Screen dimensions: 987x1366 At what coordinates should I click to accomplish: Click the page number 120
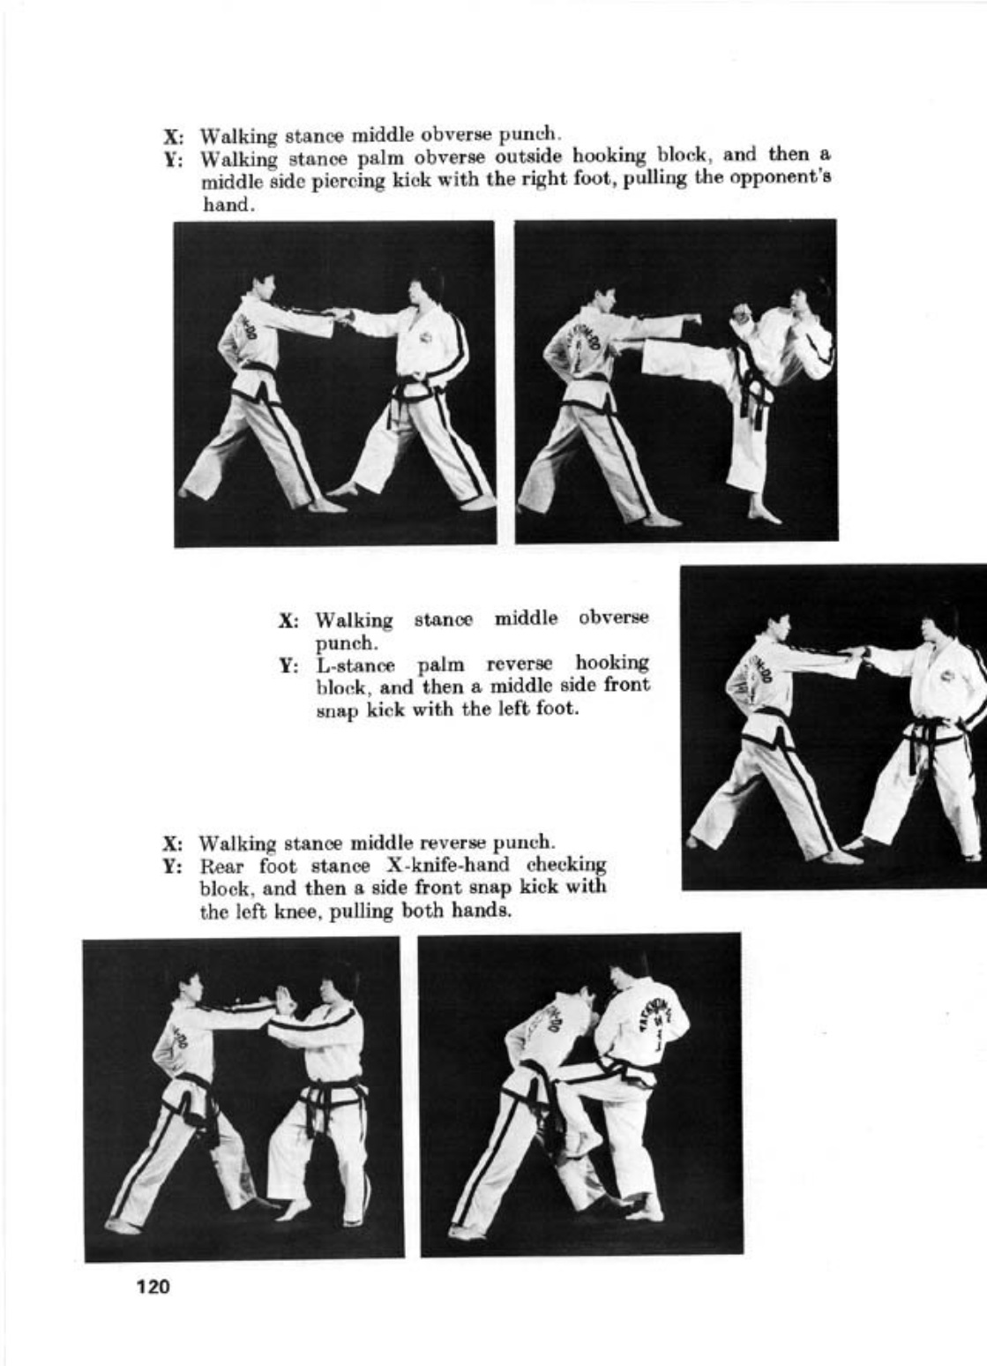point(153,1287)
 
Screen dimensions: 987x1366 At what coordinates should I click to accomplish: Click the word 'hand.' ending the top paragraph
point(227,205)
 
